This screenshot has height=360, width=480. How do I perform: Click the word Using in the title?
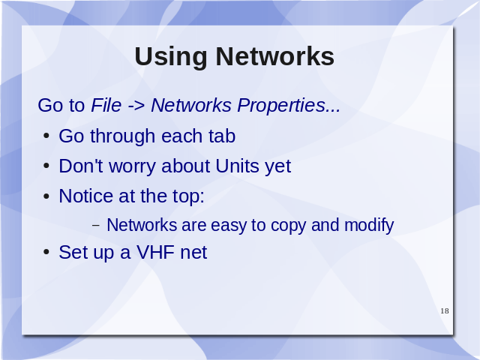[x=171, y=58]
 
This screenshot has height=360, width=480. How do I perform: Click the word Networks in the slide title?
[x=275, y=56]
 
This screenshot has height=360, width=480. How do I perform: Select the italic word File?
[x=106, y=105]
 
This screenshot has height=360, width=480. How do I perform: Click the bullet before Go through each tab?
[x=46, y=136]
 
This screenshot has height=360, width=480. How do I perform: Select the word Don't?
[x=81, y=166]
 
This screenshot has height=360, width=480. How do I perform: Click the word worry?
[x=133, y=167]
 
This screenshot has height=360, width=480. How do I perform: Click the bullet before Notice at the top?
[x=46, y=196]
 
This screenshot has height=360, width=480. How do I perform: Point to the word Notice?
[x=86, y=196]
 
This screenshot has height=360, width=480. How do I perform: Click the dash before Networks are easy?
[x=96, y=226]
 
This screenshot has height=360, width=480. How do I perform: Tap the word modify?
[x=369, y=225]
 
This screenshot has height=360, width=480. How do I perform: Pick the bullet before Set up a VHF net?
[x=46, y=253]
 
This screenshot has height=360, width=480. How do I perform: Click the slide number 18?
[x=445, y=311]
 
